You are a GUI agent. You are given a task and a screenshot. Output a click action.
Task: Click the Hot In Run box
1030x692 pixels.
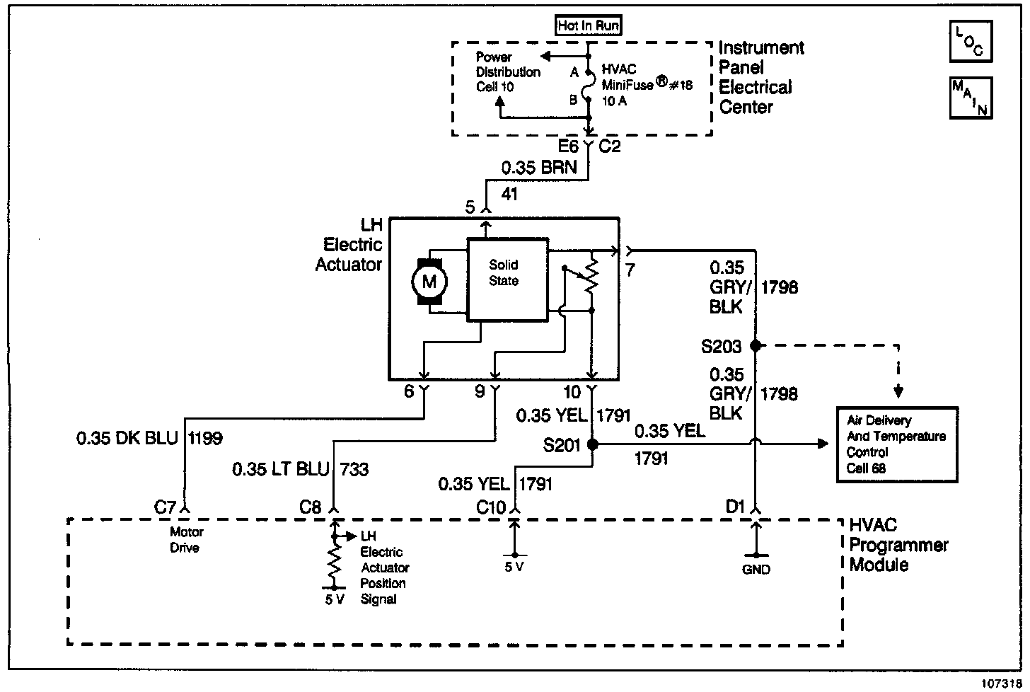[x=589, y=26]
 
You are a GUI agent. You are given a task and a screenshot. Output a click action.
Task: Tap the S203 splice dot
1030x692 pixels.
[x=756, y=346]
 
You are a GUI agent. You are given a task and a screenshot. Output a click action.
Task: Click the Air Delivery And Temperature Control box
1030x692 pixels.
[x=897, y=444]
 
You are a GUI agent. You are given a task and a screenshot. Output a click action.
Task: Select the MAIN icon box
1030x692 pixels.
[x=971, y=98]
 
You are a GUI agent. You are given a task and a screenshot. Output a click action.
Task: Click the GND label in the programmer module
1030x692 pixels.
[x=756, y=570]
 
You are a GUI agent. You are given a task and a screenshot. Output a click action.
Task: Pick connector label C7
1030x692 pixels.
[x=166, y=507]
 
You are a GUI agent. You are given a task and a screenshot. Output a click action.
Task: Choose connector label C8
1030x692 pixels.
[x=311, y=507]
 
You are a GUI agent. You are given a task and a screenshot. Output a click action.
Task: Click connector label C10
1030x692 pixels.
[x=491, y=507]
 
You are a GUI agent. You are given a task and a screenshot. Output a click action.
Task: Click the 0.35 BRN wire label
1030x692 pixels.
[x=538, y=168]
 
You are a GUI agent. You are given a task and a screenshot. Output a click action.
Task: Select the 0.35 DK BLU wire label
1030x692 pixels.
[x=127, y=439]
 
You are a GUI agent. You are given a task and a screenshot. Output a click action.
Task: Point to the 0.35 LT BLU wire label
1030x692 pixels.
[x=281, y=468]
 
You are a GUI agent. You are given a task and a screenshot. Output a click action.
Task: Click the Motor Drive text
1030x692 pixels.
[x=187, y=540]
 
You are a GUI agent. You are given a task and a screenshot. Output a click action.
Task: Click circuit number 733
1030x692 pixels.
[x=354, y=468]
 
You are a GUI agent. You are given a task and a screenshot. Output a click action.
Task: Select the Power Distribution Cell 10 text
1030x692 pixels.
[x=507, y=71]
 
